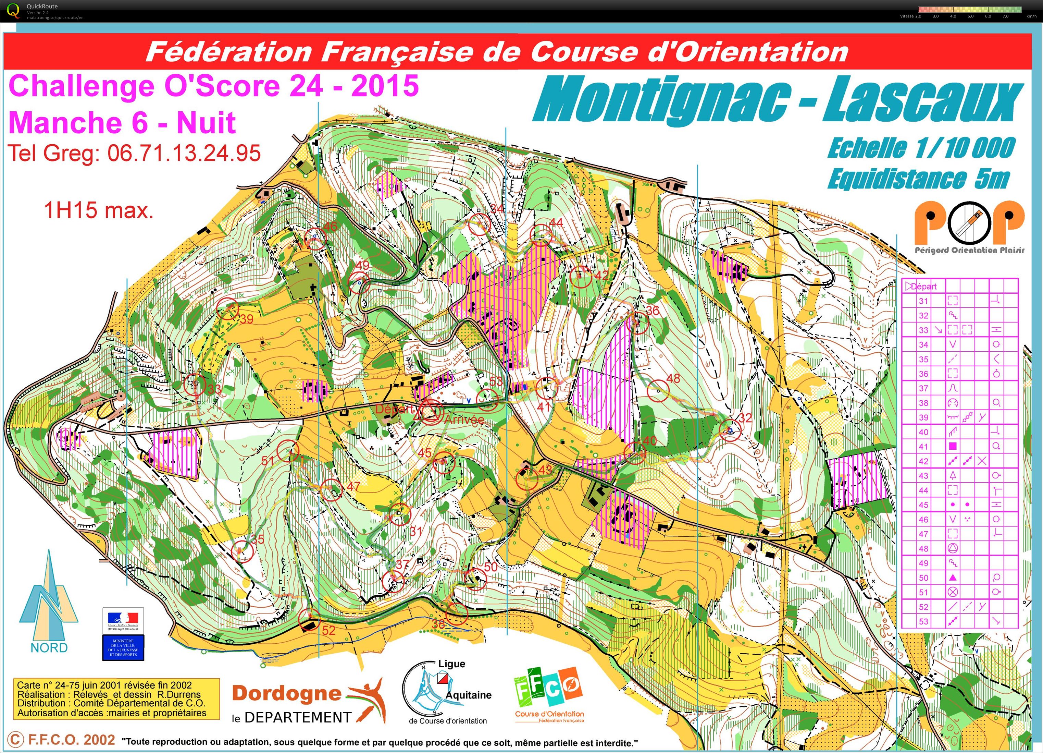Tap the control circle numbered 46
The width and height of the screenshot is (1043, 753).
pyautogui.click(x=315, y=239)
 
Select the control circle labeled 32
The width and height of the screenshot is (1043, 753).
pyautogui.click(x=730, y=430)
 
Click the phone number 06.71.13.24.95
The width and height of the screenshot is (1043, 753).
pyautogui.click(x=184, y=153)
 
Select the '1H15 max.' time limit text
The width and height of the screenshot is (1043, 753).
pyautogui.click(x=98, y=211)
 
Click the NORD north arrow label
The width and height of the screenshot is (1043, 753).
pyautogui.click(x=49, y=647)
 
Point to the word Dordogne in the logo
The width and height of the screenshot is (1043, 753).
pyautogui.click(x=286, y=693)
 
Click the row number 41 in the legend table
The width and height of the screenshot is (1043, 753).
pyautogui.click(x=923, y=447)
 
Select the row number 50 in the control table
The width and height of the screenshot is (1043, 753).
pyautogui.click(x=923, y=578)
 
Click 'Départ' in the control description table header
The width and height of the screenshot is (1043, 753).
pyautogui.click(x=923, y=286)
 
